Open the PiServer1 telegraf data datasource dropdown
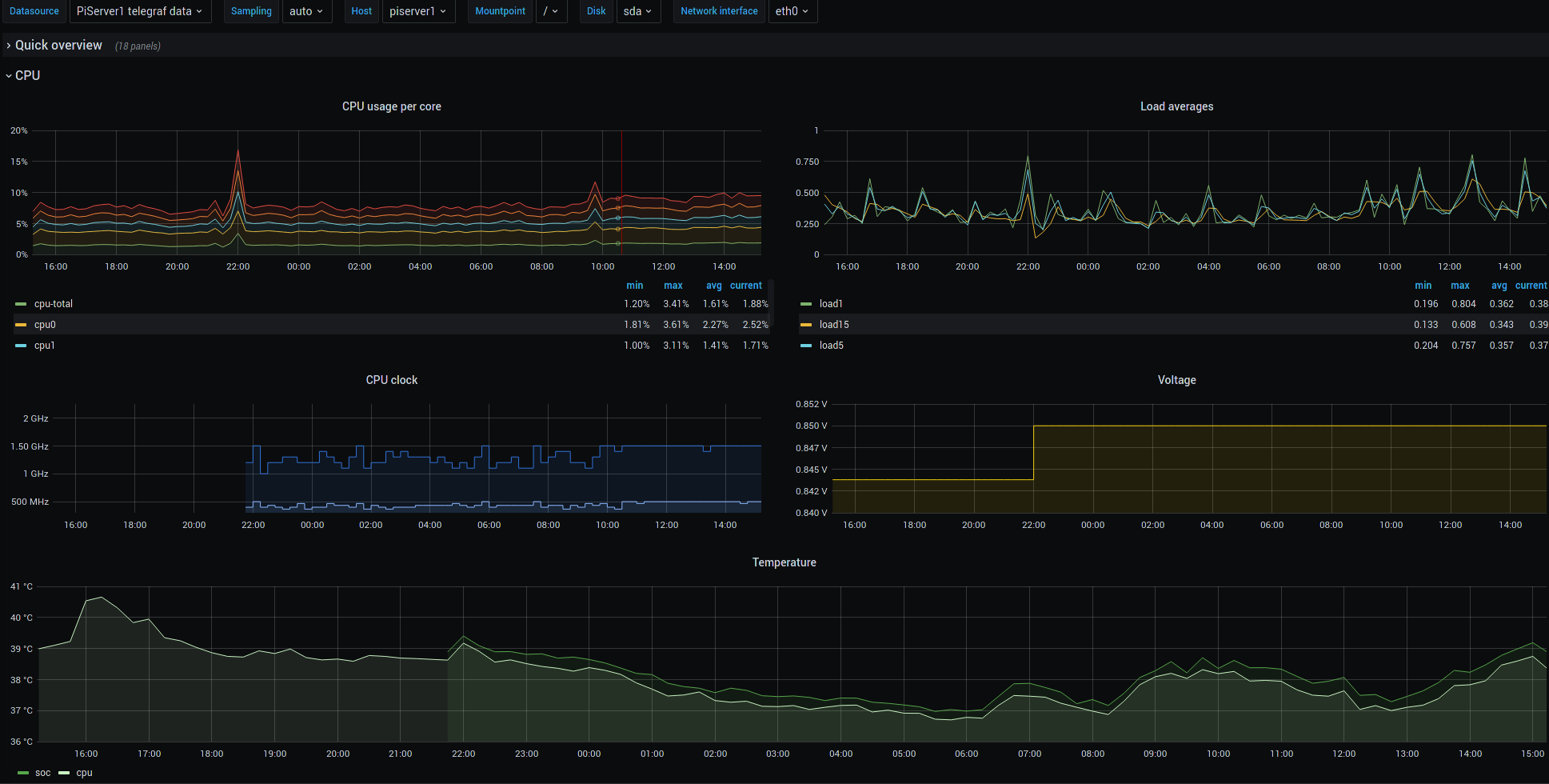(140, 11)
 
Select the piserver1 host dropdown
(418, 11)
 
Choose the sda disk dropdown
(638, 11)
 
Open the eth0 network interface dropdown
(792, 11)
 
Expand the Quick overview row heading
(58, 46)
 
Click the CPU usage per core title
(392, 106)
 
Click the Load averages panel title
(1176, 106)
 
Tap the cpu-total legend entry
(53, 304)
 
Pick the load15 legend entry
(834, 325)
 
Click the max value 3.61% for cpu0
(676, 325)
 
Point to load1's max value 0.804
(1463, 304)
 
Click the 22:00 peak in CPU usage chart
(238, 150)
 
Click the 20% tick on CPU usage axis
(19, 130)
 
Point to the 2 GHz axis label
(36, 418)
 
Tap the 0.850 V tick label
(812, 426)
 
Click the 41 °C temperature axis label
(22, 586)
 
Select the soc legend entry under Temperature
(34, 773)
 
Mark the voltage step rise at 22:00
(1033, 453)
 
